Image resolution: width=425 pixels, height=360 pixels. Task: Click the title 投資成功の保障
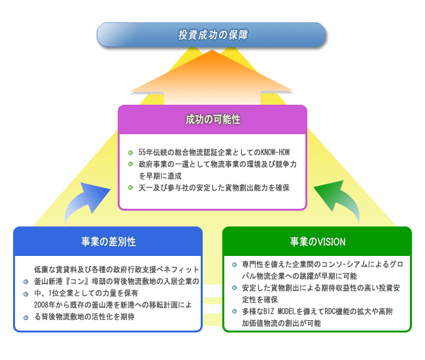(213, 35)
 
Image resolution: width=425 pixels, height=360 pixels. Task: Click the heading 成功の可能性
(213, 119)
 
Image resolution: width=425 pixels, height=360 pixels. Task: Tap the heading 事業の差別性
(109, 242)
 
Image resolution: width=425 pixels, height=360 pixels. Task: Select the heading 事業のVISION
(318, 242)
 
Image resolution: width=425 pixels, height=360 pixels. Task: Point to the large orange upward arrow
(212, 79)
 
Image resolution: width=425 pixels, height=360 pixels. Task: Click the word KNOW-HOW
(275, 153)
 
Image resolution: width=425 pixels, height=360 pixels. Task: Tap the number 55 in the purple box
(142, 153)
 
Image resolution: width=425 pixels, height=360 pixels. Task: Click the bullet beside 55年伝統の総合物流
(130, 153)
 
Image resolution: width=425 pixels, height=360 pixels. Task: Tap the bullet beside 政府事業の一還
(130, 164)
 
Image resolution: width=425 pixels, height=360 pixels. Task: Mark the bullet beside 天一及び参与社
(130, 187)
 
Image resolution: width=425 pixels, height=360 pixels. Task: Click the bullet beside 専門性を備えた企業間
(235, 264)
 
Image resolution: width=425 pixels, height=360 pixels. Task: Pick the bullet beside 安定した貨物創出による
(235, 287)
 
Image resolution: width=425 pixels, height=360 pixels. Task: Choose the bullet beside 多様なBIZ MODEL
(235, 311)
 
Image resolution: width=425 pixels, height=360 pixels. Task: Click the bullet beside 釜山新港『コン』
(25, 282)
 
